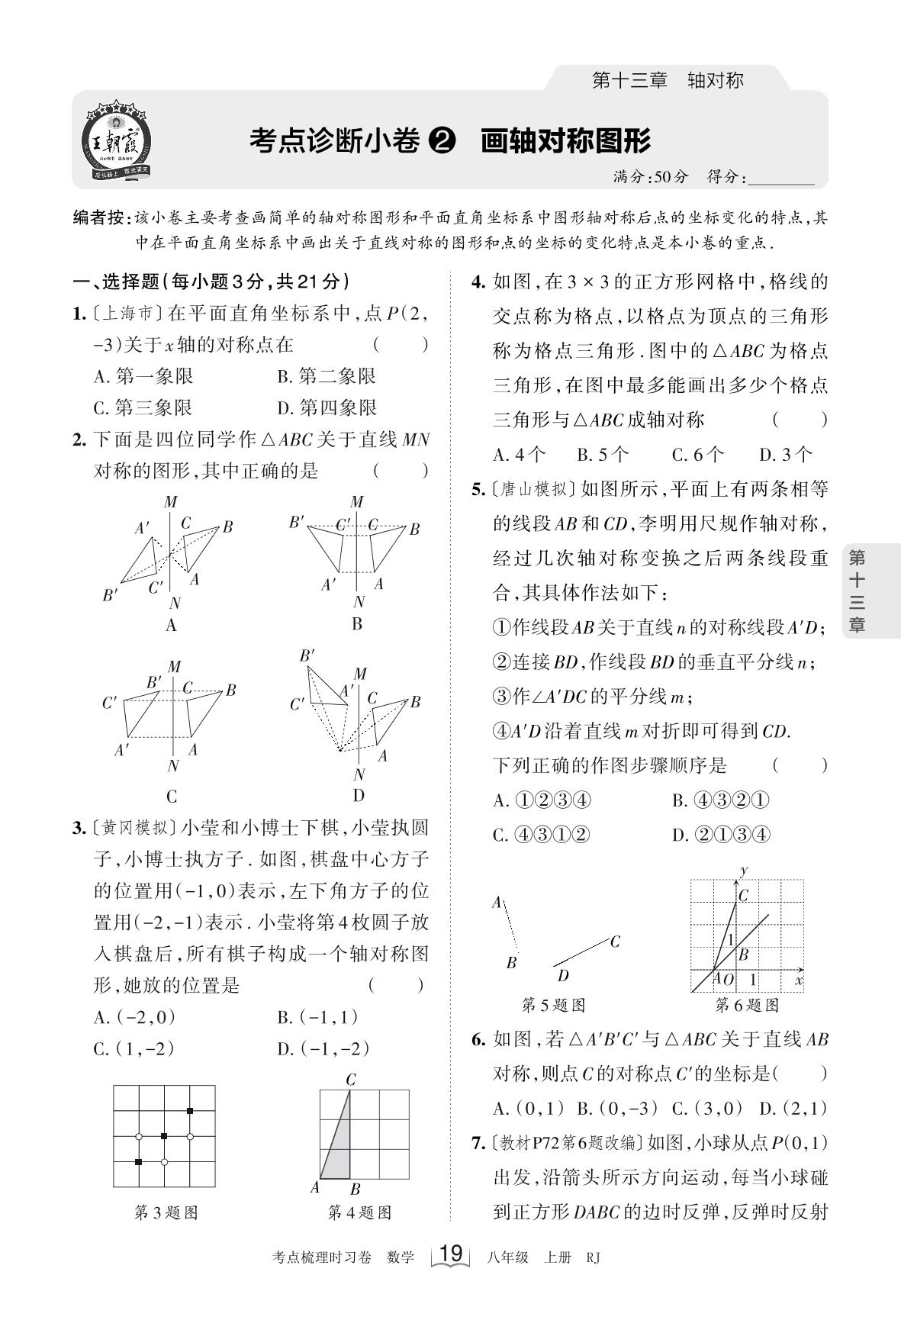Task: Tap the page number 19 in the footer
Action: tap(452, 1254)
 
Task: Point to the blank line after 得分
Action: tap(782, 179)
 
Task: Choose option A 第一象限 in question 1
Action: tap(143, 376)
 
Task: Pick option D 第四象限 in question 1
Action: tap(327, 407)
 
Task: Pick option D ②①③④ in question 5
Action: tap(721, 835)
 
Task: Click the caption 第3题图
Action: tap(166, 1212)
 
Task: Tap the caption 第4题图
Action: tap(359, 1212)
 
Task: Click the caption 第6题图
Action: tap(747, 1005)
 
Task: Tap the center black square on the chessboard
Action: tap(163, 1137)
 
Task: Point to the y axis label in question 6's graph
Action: tap(743, 871)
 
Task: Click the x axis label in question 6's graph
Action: tap(798, 979)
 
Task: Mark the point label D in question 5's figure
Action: tap(563, 975)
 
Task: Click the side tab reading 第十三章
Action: tap(858, 591)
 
